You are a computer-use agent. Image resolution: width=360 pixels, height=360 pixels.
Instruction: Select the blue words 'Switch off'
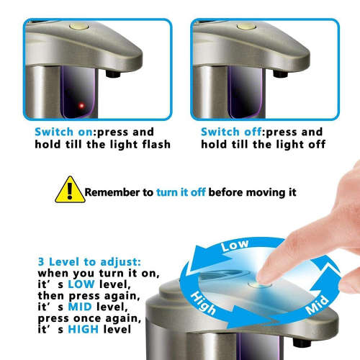[x=231, y=132]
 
